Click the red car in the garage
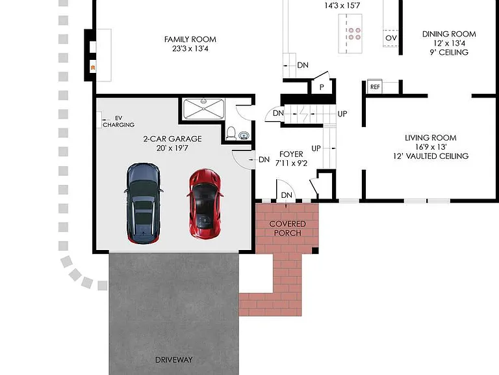[205, 204]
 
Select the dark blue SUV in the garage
[143, 204]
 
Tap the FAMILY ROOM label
[190, 39]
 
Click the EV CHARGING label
[118, 122]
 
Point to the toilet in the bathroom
[231, 133]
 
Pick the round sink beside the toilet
[244, 135]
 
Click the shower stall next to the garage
[203, 109]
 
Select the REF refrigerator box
[375, 87]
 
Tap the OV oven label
[390, 38]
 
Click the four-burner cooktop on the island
[355, 33]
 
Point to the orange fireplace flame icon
[93, 67]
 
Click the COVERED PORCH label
[287, 229]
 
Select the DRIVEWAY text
[173, 359]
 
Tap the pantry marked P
[322, 87]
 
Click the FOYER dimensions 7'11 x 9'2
[291, 163]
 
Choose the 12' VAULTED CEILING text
[431, 156]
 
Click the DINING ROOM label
[449, 34]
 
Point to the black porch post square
[315, 251]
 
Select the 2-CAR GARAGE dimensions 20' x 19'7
[172, 148]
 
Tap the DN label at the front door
[287, 195]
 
